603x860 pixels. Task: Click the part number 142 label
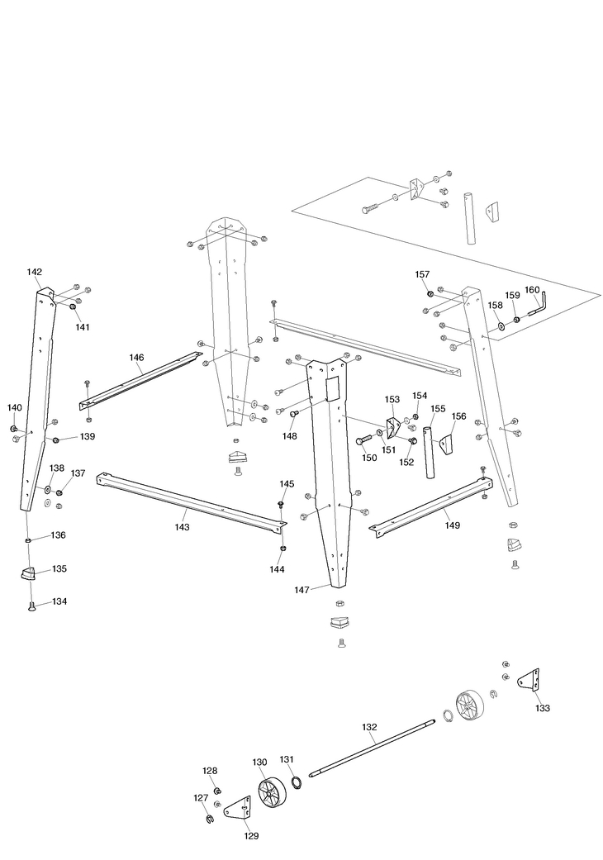tap(35, 272)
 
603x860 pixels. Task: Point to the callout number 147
tap(302, 590)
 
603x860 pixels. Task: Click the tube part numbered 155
tap(430, 452)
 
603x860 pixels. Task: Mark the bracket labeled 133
tap(528, 682)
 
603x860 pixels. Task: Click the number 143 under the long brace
tap(182, 525)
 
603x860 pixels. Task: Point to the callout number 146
tap(136, 358)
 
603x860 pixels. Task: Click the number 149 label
tap(452, 525)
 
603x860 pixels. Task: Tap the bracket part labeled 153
tap(392, 427)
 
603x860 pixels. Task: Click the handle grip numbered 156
tap(446, 444)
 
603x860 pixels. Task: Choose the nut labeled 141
tap(73, 307)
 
